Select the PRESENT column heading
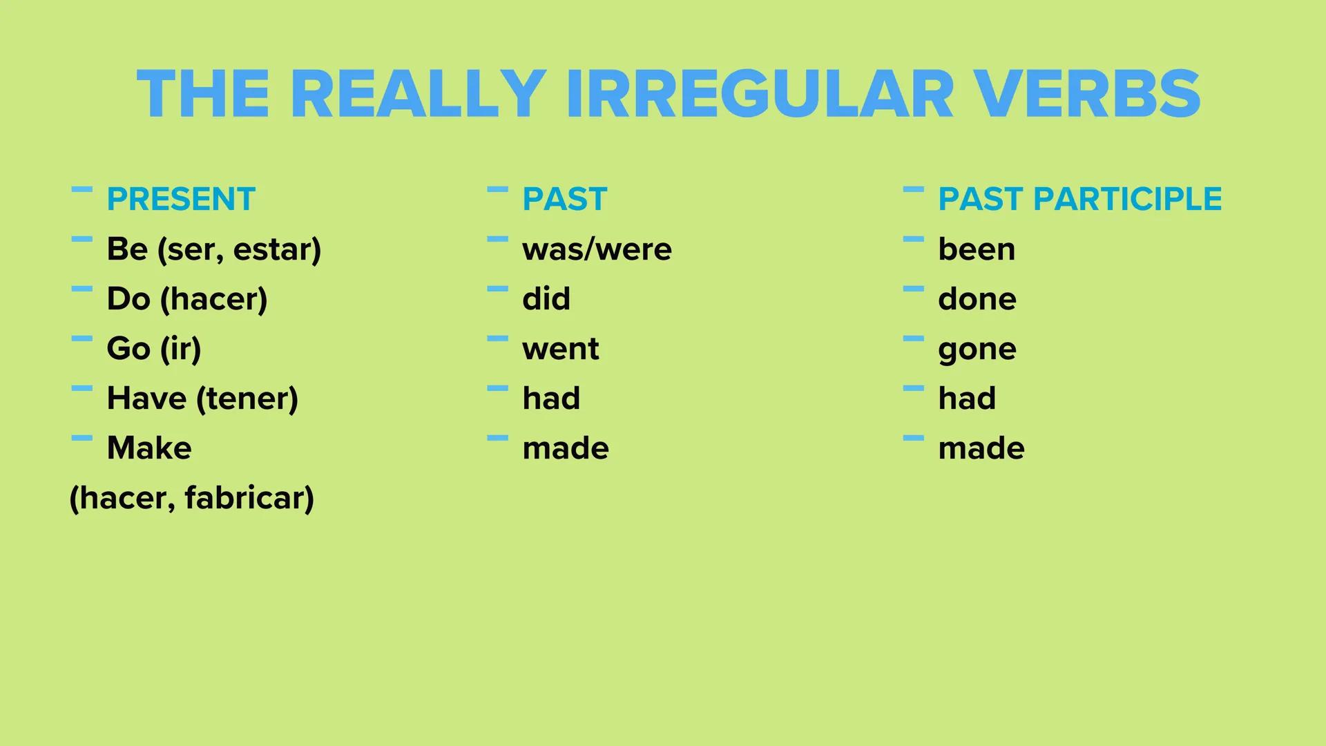(x=181, y=200)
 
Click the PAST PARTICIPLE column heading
(x=1079, y=200)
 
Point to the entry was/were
(x=597, y=249)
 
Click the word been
(x=977, y=249)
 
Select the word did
(x=546, y=299)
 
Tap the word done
(x=977, y=299)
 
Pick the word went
(x=560, y=349)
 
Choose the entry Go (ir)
(x=154, y=349)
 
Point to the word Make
(x=149, y=448)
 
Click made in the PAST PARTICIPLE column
(x=981, y=448)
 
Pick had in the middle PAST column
(x=551, y=399)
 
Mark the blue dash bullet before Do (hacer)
(x=81, y=289)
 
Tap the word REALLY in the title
(x=418, y=95)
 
